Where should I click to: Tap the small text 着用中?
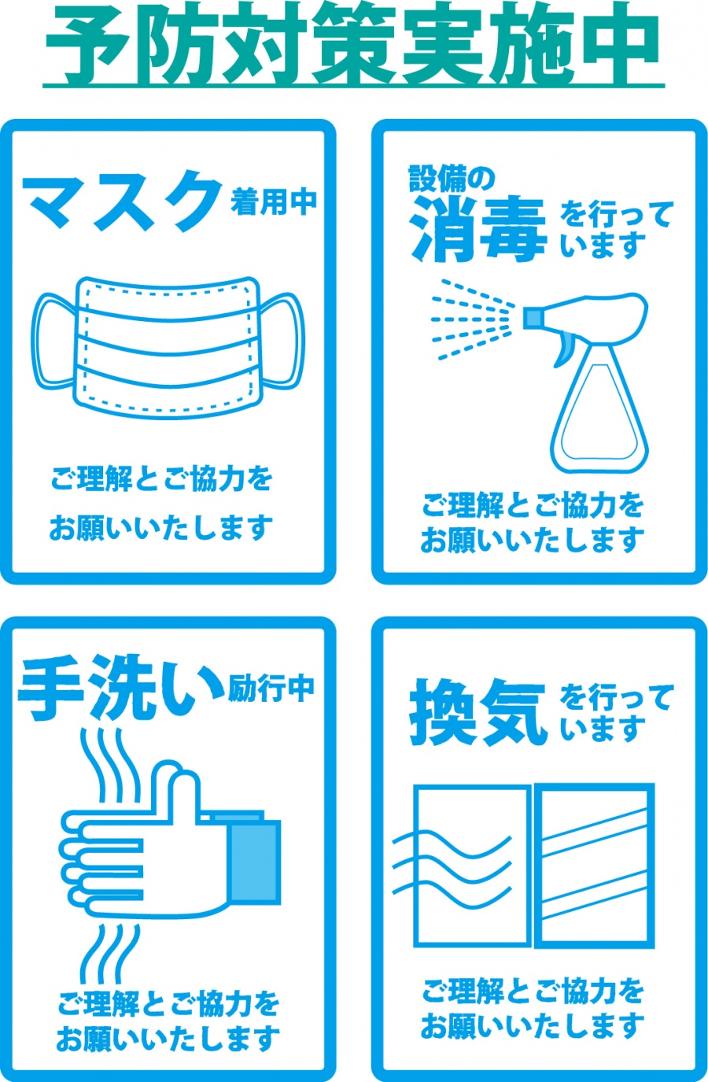[x=273, y=202]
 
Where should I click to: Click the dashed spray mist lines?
[x=472, y=319]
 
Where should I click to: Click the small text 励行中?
[x=271, y=688]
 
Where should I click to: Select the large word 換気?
[x=478, y=713]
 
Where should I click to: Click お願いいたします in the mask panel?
[x=161, y=528]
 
